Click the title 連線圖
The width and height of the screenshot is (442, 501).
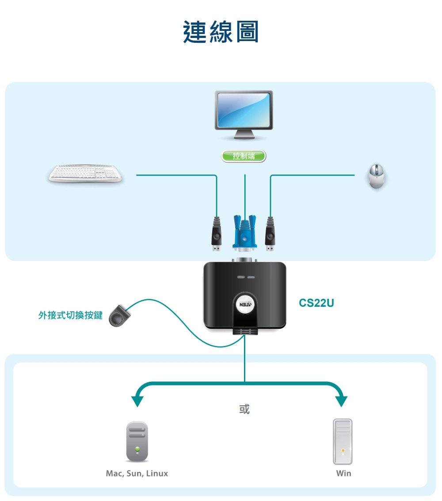pos(221,32)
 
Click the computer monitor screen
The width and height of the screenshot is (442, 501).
pos(244,109)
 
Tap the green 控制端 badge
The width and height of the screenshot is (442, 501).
pos(244,156)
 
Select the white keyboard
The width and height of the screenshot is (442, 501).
pos(85,173)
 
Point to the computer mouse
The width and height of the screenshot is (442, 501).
pos(377,176)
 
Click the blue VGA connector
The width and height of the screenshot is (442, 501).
pos(244,233)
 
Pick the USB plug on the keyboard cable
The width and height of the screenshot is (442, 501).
pos(217,234)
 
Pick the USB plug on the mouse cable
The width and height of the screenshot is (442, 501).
pos(270,234)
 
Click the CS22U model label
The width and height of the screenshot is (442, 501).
pos(316,303)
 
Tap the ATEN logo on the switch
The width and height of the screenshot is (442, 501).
pos(245,304)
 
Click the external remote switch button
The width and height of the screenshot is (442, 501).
pos(119,316)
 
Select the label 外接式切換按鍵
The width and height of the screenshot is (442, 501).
pos(70,315)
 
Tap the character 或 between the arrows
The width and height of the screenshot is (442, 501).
pos(244,409)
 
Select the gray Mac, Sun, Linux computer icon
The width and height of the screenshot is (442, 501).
pos(137,441)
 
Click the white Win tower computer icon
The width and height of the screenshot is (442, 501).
pos(343,441)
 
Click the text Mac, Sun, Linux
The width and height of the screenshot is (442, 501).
pos(137,473)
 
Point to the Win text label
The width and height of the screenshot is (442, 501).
pos(343,473)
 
